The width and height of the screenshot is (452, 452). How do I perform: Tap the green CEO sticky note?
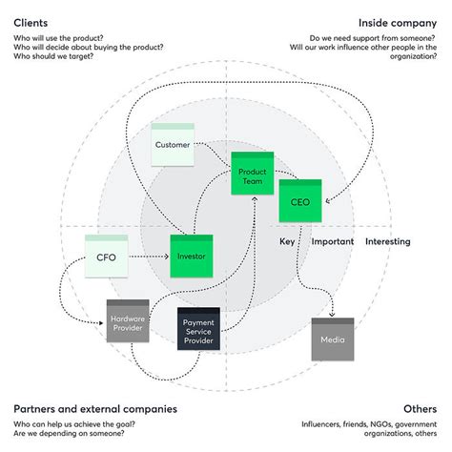(299, 200)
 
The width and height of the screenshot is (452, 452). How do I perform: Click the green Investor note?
(190, 256)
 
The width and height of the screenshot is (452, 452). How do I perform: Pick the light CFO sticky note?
(106, 257)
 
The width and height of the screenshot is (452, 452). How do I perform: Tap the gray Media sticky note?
(332, 339)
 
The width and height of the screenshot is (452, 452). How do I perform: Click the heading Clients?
(31, 22)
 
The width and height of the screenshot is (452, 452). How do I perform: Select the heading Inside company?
(398, 22)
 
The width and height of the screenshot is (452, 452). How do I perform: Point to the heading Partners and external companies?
(94, 409)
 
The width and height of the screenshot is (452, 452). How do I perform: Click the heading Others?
(420, 409)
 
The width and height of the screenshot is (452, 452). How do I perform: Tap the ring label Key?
(287, 242)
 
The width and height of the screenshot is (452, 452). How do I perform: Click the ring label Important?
(333, 242)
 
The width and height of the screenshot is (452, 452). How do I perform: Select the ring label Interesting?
(387, 242)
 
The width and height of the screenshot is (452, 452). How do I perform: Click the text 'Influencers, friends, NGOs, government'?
(369, 423)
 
